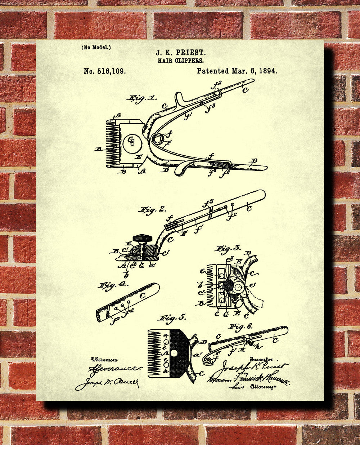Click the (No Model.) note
click(x=96, y=47)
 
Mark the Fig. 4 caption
click(x=112, y=286)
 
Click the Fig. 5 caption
click(x=172, y=318)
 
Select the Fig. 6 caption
click(x=240, y=327)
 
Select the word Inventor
click(x=261, y=359)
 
